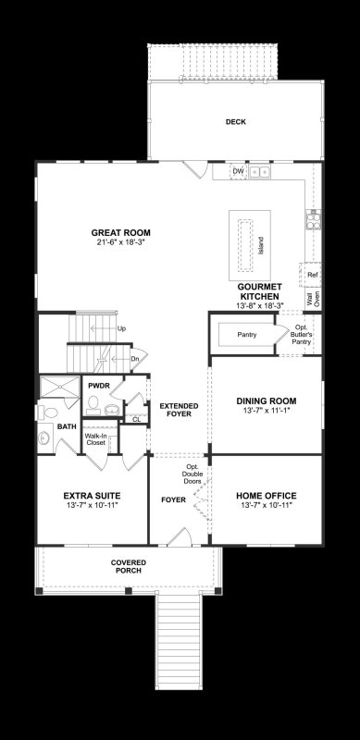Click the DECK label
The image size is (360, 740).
pos(235,122)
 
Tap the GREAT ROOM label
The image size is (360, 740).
pos(120,232)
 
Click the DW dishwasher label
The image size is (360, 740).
pos(238,171)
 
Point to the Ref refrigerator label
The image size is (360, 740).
pos(313,275)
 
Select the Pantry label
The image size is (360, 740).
pos(246,334)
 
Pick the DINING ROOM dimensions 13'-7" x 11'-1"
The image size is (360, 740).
pos(267,411)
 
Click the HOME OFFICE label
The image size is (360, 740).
pos(267,495)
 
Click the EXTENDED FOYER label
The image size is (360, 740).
pos(176,411)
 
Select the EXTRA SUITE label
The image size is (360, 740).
pos(93,495)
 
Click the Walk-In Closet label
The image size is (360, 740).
pos(95,439)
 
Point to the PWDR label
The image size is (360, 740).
pos(99,384)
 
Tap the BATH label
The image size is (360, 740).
pos(66,426)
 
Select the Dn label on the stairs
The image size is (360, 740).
pos(134,359)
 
